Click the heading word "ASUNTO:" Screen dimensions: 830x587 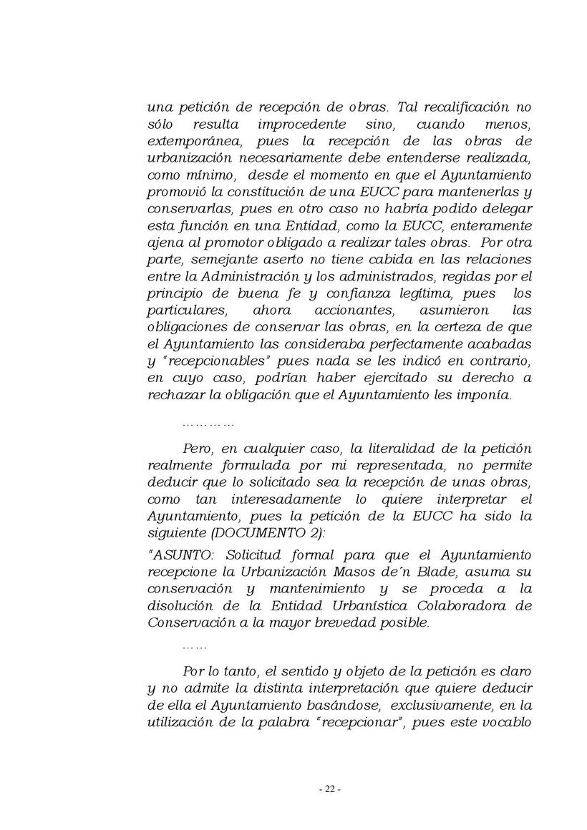pos(176,555)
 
